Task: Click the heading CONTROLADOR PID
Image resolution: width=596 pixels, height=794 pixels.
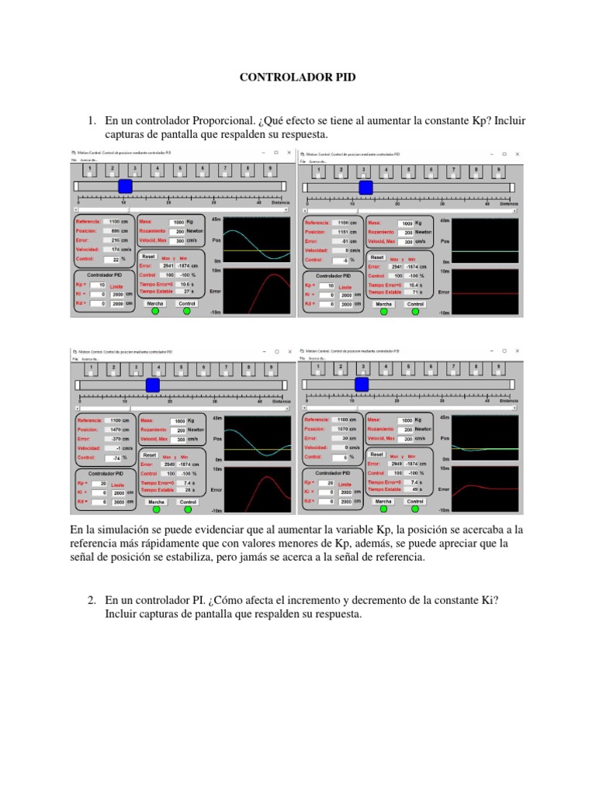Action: click(297, 78)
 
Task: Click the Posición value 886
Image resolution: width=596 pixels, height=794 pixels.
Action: click(115, 231)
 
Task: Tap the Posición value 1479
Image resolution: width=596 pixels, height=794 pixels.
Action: click(115, 429)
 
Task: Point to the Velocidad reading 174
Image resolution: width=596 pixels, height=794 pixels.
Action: click(116, 250)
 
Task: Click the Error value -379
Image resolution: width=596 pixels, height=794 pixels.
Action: click(116, 438)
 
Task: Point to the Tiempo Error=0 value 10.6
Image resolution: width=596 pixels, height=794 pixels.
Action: click(185, 284)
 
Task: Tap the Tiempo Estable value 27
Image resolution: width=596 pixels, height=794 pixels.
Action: click(185, 292)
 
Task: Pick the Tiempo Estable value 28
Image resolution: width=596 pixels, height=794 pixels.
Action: click(185, 489)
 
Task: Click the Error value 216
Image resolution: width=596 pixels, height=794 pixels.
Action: click(116, 240)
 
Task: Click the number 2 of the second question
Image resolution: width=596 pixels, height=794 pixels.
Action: click(91, 600)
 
